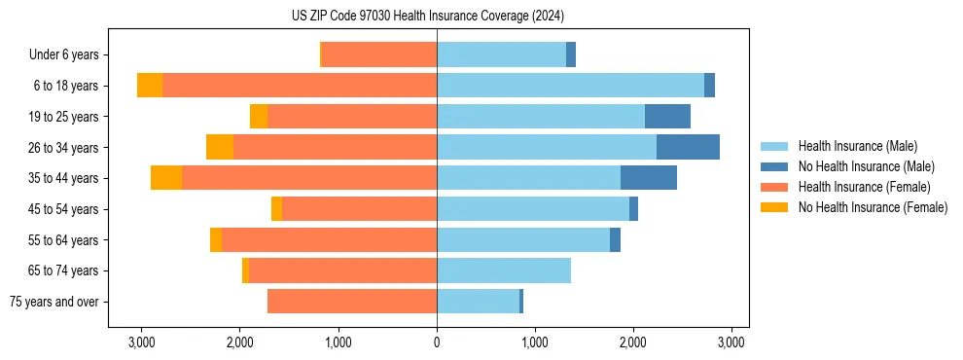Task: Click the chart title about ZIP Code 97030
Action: (x=427, y=17)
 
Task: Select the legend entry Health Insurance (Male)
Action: (x=856, y=146)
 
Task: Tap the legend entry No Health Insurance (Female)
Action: (x=873, y=207)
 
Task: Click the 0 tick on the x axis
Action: (x=437, y=342)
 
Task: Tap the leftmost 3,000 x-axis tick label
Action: (x=142, y=342)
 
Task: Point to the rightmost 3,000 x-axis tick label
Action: (x=731, y=342)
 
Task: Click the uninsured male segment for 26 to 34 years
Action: (x=688, y=147)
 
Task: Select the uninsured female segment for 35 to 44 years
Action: (x=166, y=178)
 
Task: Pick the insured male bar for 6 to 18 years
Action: (x=570, y=86)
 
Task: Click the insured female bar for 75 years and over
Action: (x=352, y=302)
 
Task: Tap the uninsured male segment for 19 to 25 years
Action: (x=667, y=117)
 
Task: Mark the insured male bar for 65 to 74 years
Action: (x=504, y=270)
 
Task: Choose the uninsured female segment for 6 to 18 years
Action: (x=150, y=86)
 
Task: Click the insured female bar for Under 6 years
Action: (x=379, y=55)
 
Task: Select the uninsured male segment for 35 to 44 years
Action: (x=649, y=178)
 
